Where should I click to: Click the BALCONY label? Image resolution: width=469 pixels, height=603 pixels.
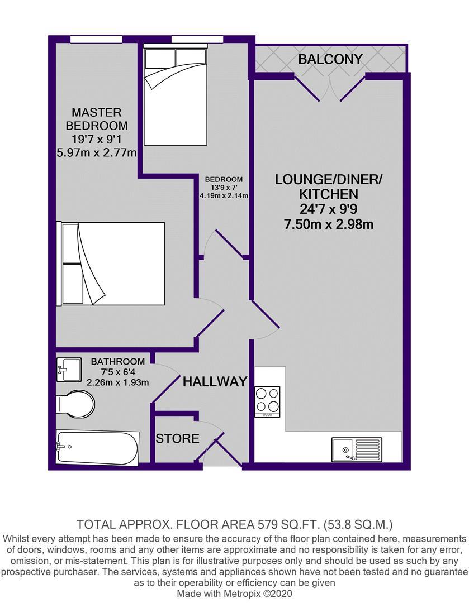(330, 59)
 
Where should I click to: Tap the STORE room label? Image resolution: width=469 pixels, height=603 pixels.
(178, 438)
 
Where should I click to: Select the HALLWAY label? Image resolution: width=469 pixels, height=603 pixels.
(215, 381)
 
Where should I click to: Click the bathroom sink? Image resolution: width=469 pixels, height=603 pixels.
(69, 370)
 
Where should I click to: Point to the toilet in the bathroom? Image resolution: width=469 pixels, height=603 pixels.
(75, 404)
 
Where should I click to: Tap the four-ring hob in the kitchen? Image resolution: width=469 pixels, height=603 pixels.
(267, 401)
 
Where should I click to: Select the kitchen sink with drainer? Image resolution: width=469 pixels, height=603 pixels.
(357, 449)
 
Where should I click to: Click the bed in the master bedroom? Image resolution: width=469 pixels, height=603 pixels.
(111, 264)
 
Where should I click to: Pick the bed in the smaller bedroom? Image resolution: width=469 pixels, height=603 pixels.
(175, 94)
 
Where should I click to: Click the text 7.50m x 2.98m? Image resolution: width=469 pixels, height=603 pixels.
(329, 224)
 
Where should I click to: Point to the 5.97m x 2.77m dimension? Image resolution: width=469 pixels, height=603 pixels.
(97, 152)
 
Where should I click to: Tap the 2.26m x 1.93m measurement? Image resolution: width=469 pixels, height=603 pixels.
(117, 382)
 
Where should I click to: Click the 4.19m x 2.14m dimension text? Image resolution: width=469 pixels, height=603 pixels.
(224, 195)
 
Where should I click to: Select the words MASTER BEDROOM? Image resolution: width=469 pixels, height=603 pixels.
(97, 119)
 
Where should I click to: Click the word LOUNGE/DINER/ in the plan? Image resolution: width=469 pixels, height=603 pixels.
(329, 179)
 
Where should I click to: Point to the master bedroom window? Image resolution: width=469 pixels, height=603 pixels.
(96, 39)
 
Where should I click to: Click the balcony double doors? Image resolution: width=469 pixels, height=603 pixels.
(330, 88)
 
